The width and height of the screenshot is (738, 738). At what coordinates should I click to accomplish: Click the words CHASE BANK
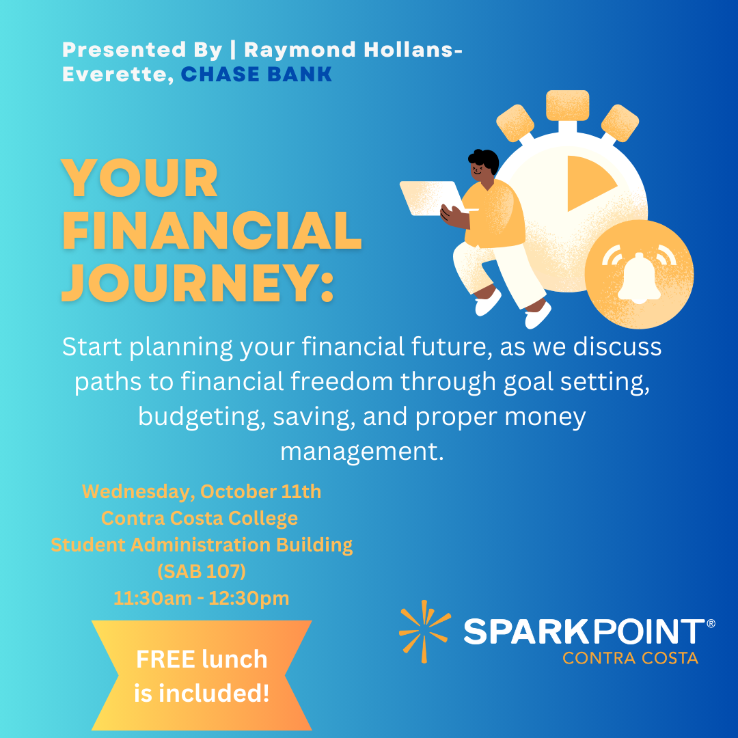point(256,74)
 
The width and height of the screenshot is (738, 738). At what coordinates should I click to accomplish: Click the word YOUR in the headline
point(140,178)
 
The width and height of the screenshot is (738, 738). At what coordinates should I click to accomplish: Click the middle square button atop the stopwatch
point(567,105)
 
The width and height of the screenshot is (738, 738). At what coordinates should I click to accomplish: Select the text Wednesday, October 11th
point(202,491)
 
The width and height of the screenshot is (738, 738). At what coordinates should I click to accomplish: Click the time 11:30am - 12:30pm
point(202,599)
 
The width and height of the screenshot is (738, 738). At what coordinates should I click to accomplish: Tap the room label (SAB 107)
point(202,572)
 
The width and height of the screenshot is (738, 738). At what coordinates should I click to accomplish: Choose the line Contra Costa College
point(200,518)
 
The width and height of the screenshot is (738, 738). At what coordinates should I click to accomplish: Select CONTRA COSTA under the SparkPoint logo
point(630,659)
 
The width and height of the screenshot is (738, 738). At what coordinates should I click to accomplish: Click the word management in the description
point(361,452)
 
